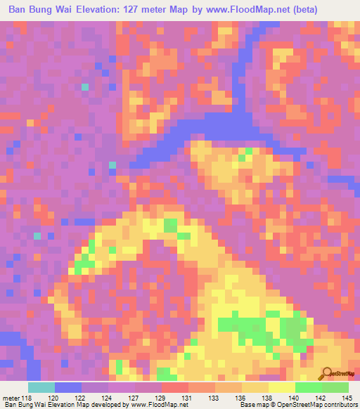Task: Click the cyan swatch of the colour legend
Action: [x=41, y=387]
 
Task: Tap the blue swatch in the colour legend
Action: [x=68, y=387]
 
